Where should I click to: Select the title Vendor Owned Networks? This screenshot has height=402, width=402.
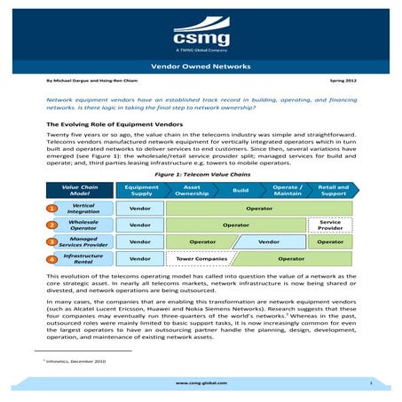201,67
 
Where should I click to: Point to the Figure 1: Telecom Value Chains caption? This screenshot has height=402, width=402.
201,176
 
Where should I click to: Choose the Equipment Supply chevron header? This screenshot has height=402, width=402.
141,190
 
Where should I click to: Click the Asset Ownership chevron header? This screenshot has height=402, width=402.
191,190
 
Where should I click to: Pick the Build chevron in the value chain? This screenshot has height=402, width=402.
240,190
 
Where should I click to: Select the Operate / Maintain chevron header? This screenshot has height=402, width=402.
286,190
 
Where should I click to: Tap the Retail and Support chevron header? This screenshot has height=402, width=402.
334,190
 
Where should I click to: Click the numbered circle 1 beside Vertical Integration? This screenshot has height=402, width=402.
52,209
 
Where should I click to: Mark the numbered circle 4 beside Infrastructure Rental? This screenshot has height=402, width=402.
52,260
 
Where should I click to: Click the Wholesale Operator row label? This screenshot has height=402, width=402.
83,225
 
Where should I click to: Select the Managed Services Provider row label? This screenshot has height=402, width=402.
83,241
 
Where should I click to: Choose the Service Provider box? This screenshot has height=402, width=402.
330,225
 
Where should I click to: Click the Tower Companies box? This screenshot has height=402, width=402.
198,259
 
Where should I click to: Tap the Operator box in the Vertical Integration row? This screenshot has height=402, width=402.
259,209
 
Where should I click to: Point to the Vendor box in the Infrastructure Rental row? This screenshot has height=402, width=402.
140,259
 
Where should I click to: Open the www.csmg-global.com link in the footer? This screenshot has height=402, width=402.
201,382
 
